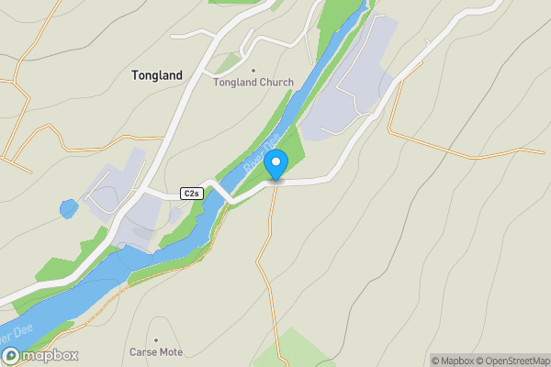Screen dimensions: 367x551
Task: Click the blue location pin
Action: pyautogui.click(x=275, y=165)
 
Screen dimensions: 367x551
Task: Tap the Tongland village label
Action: pyautogui.click(x=156, y=75)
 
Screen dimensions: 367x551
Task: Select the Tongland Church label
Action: pyautogui.click(x=253, y=83)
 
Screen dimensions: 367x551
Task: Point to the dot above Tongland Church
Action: pyautogui.click(x=253, y=70)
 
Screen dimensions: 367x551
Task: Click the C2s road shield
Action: pyautogui.click(x=191, y=194)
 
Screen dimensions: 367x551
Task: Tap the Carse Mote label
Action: pyautogui.click(x=156, y=352)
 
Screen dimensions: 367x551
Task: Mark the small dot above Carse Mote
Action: pyautogui.click(x=156, y=339)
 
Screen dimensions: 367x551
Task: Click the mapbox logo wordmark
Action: pyautogui.click(x=50, y=356)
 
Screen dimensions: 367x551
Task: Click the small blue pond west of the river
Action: pyautogui.click(x=69, y=208)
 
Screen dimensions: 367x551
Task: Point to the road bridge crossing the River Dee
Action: pyautogui.click(x=219, y=192)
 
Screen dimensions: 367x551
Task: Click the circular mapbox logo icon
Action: pyautogui.click(x=11, y=356)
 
